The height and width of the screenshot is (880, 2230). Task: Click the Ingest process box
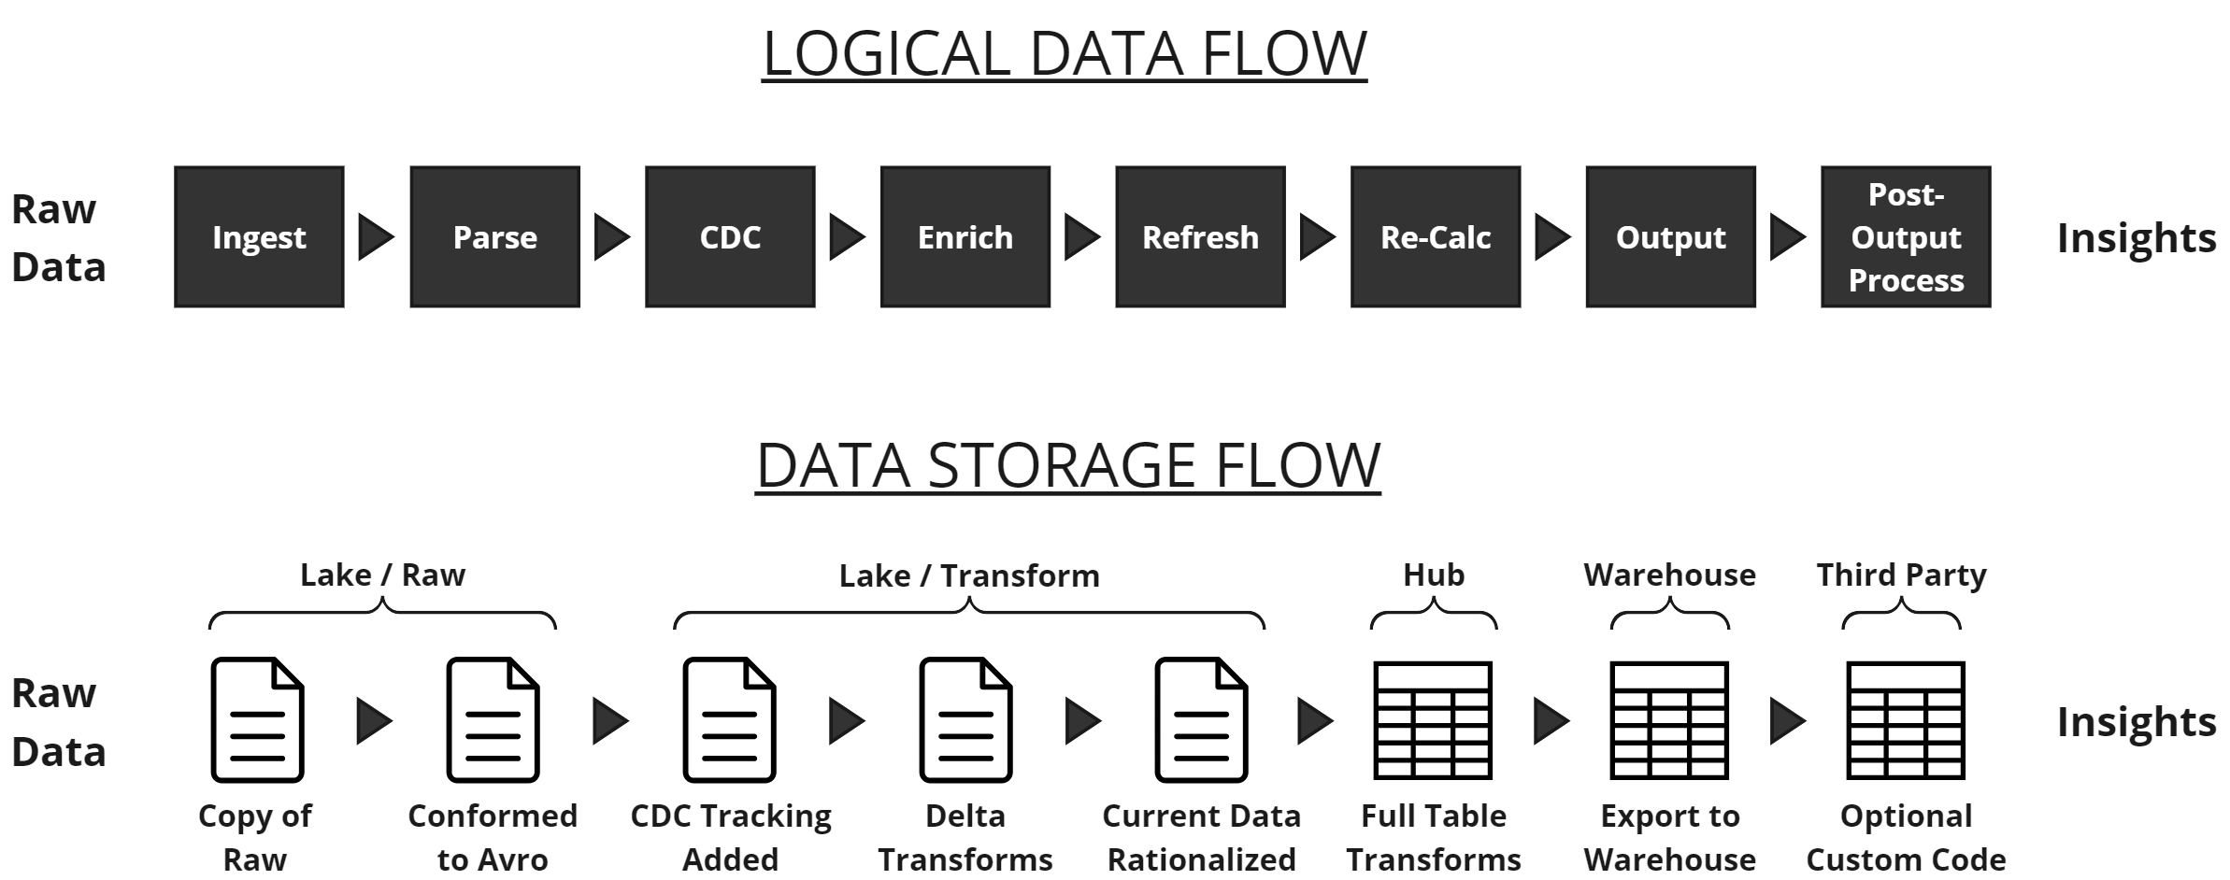259,237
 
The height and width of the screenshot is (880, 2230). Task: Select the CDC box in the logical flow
730,237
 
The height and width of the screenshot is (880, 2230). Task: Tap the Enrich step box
965,237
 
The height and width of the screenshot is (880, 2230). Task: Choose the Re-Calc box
1436,237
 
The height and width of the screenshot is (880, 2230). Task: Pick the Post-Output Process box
1906,237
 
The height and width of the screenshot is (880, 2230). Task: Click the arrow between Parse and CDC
611,237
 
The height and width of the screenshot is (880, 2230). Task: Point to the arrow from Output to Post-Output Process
1787,237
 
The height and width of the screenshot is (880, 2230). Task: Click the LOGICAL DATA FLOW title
1065,53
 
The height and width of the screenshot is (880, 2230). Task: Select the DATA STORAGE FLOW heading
1067,465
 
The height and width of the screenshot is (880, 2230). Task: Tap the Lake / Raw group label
382,575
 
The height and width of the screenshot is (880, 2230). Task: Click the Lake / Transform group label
969,575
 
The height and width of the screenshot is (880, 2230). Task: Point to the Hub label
1434,575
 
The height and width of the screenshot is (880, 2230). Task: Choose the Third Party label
1901,575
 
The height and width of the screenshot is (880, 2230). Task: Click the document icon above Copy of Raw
257,720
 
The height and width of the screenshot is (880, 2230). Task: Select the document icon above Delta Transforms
965,720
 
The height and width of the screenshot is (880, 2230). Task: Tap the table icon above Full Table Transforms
1433,720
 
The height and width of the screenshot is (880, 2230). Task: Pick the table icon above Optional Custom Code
1906,720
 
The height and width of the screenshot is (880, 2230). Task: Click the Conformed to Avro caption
493,837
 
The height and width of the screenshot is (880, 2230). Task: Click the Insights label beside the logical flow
2137,238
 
